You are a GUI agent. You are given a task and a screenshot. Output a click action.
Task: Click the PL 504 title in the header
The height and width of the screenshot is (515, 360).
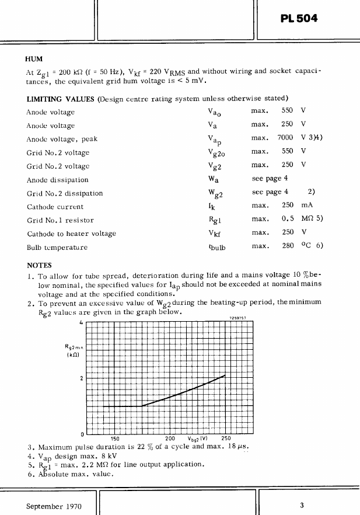click(x=298, y=19)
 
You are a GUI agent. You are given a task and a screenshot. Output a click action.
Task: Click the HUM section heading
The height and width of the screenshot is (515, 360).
click(x=34, y=59)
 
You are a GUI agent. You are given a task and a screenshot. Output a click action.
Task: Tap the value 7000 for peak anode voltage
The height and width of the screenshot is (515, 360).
click(x=285, y=138)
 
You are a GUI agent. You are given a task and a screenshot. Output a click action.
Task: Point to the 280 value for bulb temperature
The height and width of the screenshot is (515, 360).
click(x=287, y=246)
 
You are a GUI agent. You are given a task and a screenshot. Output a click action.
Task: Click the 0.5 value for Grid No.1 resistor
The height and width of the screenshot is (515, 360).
click(x=287, y=220)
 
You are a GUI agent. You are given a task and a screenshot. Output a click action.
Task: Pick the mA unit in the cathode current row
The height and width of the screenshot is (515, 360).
click(x=307, y=206)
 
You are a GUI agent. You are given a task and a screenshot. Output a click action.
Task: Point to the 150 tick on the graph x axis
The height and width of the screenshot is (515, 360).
click(x=115, y=439)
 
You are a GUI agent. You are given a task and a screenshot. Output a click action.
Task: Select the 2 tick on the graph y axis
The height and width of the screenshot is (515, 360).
click(x=82, y=378)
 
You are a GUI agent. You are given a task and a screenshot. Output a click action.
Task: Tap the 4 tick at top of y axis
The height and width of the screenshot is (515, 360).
click(x=81, y=322)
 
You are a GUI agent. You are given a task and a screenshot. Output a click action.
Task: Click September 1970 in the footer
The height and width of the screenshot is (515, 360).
click(x=54, y=505)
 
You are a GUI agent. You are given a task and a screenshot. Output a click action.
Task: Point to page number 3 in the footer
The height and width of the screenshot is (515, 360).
click(x=302, y=505)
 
